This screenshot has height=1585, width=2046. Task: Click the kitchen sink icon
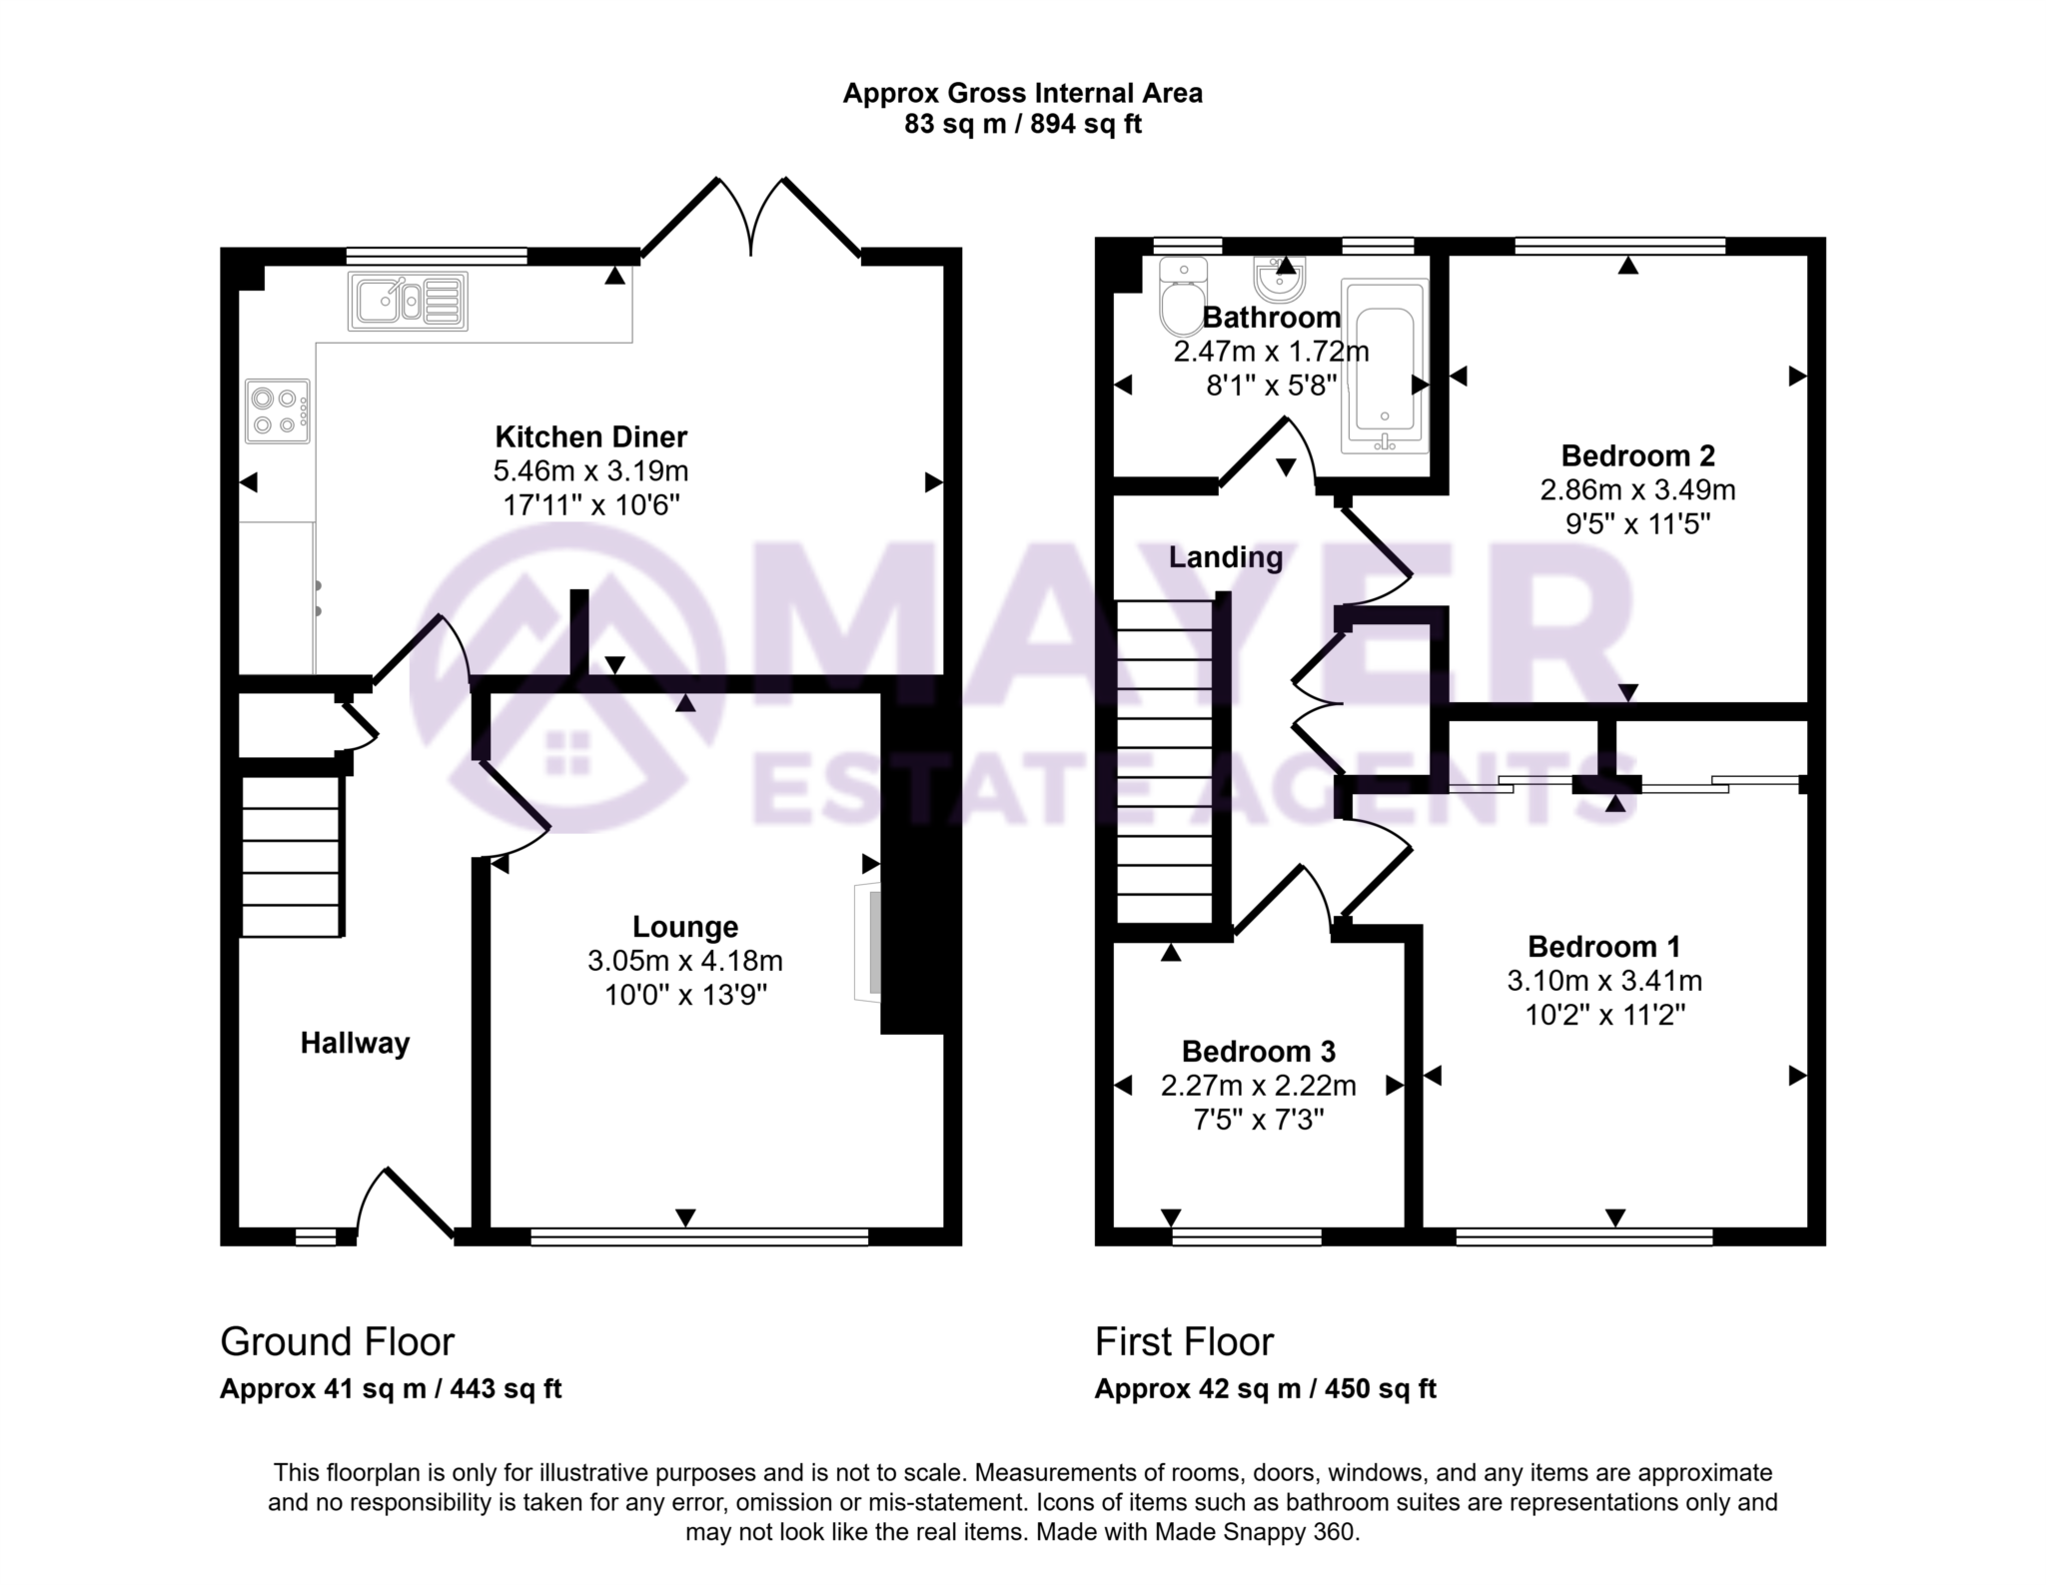pos(408,301)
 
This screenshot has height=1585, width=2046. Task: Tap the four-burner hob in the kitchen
pos(277,411)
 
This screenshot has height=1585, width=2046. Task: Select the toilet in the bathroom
pos(1183,297)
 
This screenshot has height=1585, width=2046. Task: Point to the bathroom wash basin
pos(1280,281)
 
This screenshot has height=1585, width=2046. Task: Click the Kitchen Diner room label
pos(591,436)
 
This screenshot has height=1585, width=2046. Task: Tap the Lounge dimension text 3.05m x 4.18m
pos(684,961)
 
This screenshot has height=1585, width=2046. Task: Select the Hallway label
pos(355,1043)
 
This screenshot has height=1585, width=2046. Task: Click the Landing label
pos(1226,556)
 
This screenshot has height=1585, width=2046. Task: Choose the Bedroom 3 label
pos(1258,1051)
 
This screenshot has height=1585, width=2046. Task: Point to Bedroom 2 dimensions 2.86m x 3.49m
pos(1637,489)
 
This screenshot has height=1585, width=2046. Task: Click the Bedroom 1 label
pos(1603,946)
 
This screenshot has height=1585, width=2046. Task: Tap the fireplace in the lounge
pos(868,941)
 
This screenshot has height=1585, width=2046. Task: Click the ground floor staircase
pos(291,857)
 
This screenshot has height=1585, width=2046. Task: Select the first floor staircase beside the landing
pos(1164,761)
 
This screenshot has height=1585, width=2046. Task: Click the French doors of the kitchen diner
pos(750,220)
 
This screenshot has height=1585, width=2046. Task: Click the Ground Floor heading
pos(337,1341)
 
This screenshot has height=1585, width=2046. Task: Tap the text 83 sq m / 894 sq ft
pos(1022,125)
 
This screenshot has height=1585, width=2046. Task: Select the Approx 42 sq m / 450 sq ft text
pos(1265,1388)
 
